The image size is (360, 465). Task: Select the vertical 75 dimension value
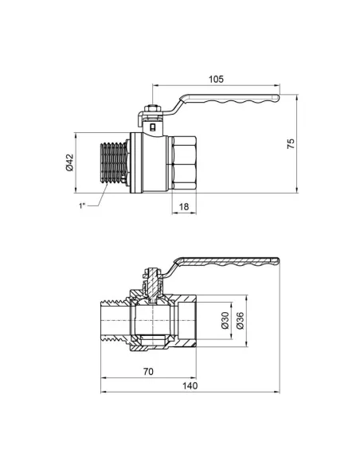[292, 143]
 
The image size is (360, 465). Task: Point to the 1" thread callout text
[82, 207]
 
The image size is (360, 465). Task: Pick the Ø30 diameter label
[225, 321]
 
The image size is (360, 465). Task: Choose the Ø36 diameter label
[238, 321]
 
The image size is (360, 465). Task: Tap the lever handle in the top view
[231, 99]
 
